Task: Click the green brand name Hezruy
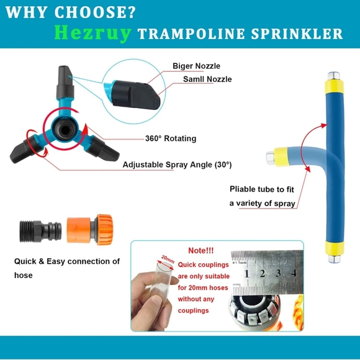pos(93,32)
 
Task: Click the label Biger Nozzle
pos(196,66)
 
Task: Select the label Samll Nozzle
pos(207,79)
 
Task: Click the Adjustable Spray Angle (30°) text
pos(177,164)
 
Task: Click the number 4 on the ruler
pos(293,273)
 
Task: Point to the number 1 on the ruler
pos(247,273)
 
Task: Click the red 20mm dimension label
pos(167,257)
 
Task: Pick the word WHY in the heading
pos(30,12)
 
